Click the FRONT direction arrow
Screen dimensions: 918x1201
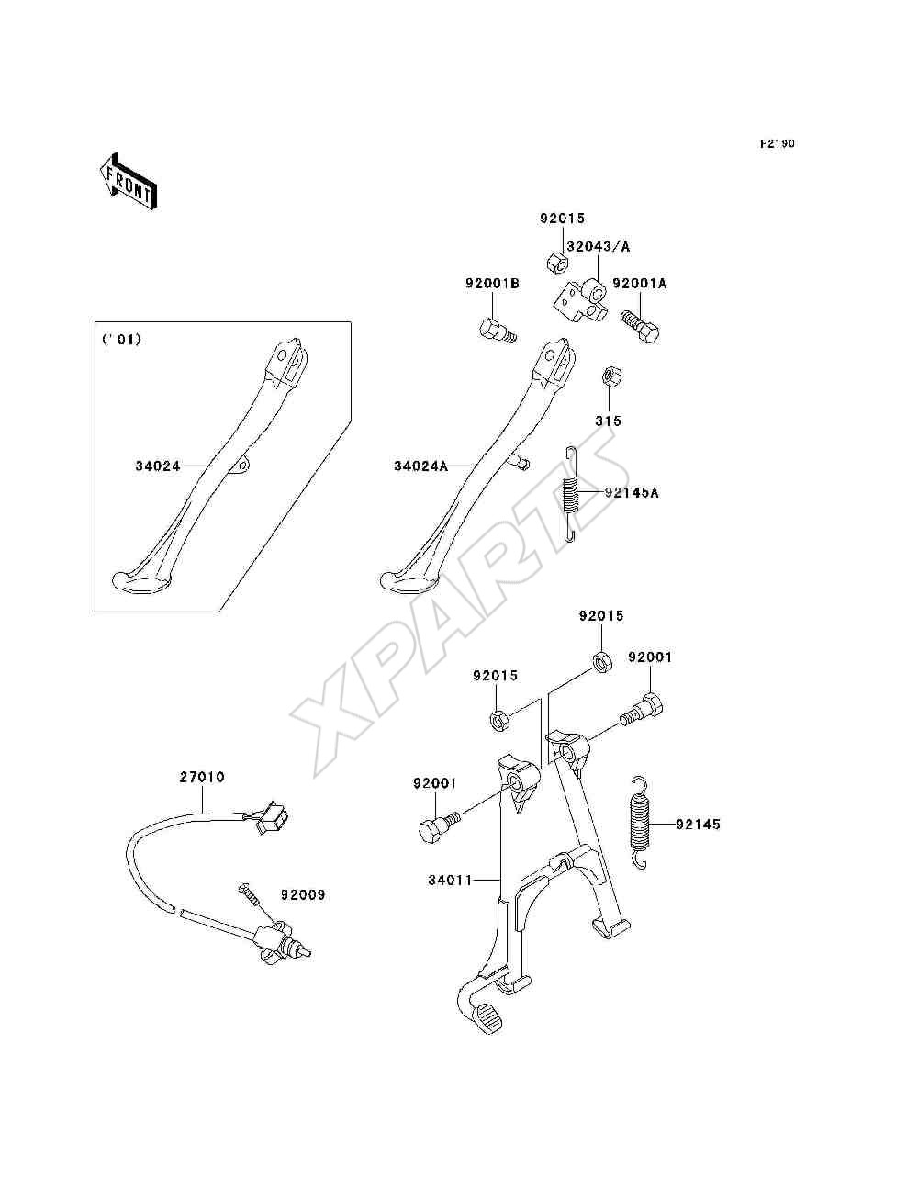click(129, 182)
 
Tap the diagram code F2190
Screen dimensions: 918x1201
click(777, 144)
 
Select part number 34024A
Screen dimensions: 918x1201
click(420, 466)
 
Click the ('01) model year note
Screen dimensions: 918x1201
click(121, 340)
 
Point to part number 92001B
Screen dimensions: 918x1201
click(492, 284)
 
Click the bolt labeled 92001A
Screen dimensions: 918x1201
click(640, 326)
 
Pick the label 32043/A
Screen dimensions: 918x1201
click(598, 247)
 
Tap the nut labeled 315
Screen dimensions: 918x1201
click(610, 377)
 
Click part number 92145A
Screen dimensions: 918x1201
click(632, 493)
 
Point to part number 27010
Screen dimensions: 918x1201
click(202, 777)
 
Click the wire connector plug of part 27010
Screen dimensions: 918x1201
click(272, 817)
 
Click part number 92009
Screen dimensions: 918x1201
click(303, 894)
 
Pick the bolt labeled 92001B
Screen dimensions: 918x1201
click(498, 331)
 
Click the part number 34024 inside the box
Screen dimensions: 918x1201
click(158, 466)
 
